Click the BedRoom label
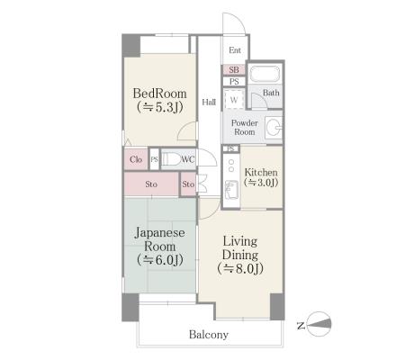point(159,94)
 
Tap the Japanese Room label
point(159,239)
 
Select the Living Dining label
point(240,248)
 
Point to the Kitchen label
point(261,172)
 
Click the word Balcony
point(209,334)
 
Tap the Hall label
point(209,102)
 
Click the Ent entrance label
point(235,50)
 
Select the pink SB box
point(234,70)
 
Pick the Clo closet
point(136,159)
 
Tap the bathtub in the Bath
point(265,74)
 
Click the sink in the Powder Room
point(274,128)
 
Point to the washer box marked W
point(234,100)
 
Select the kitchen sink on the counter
point(231,190)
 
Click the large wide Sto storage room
point(151,184)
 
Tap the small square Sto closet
point(188,184)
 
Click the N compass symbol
point(319,324)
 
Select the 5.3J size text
point(159,107)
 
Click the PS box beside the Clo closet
point(155,159)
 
